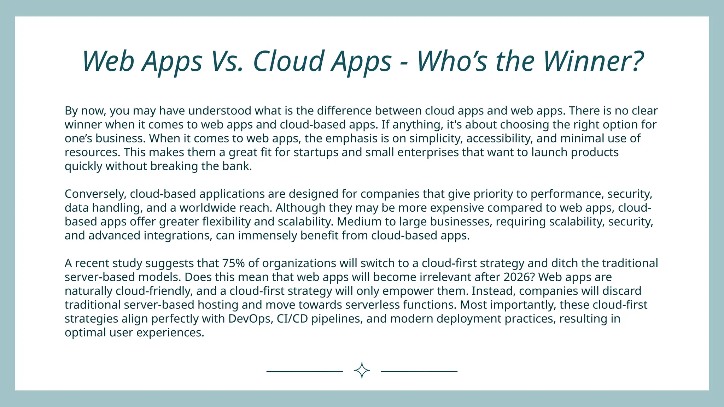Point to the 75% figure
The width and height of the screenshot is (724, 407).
(x=233, y=263)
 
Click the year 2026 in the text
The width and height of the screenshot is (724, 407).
(x=517, y=277)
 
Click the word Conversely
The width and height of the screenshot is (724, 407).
(x=95, y=194)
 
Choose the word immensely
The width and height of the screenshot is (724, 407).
(x=268, y=235)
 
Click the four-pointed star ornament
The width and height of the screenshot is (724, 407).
(x=362, y=371)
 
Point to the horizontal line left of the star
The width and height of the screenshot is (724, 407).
(x=304, y=371)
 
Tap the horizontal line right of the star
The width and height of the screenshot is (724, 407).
(x=419, y=371)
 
